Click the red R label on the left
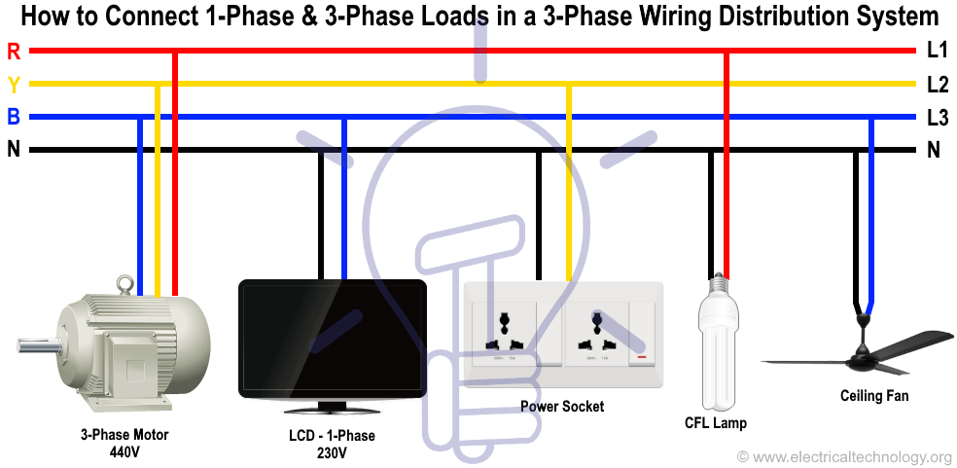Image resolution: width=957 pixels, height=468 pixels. point(13,51)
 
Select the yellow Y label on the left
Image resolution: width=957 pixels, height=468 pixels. point(13,84)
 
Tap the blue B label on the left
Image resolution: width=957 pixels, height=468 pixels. point(13,118)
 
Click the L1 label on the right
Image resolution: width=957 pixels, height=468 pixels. point(937,51)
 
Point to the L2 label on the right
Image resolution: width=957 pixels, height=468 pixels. point(937,84)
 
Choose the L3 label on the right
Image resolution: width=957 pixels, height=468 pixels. point(937,118)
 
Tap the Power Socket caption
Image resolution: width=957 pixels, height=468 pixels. point(562,406)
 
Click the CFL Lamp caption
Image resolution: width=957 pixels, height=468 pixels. point(716,423)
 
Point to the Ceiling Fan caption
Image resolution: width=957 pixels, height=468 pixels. point(874,396)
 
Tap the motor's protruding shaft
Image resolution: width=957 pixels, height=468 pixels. point(35,343)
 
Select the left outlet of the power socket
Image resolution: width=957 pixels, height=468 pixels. point(507,331)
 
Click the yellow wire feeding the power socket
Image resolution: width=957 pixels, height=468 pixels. point(569,185)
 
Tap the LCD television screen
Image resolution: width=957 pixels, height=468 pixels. point(333,336)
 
